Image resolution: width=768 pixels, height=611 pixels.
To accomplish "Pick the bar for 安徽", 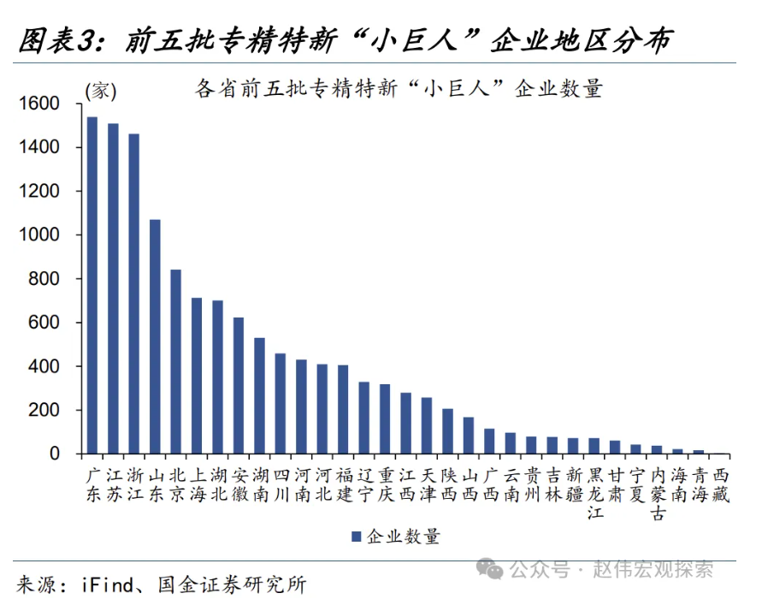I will tap(239, 385).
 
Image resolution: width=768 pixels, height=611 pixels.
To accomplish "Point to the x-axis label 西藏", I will tap(721, 483).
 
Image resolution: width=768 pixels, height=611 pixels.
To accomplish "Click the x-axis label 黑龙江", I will tap(595, 494).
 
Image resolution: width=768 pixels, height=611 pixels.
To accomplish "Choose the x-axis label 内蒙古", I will tap(658, 494).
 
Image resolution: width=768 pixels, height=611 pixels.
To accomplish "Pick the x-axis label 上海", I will tap(197, 483).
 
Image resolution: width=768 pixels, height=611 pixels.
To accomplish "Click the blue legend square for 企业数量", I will tap(356, 537).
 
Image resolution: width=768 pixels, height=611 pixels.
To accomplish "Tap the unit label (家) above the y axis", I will tap(100, 91).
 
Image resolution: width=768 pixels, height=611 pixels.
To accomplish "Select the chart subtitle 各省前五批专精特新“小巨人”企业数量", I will tap(399, 89).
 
